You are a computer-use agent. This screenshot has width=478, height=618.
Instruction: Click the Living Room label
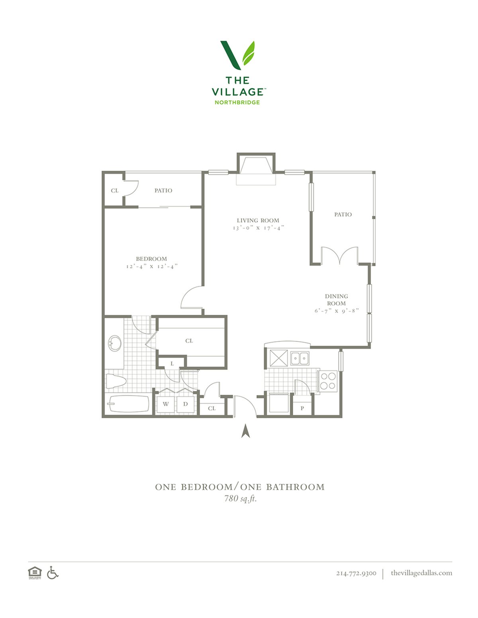click(x=258, y=220)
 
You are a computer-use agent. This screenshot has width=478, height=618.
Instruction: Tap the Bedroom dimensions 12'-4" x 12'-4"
click(x=152, y=267)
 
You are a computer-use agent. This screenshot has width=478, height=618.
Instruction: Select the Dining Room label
click(x=337, y=300)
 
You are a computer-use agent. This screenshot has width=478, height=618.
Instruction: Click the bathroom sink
click(x=115, y=343)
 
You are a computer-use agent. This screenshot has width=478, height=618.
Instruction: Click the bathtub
click(x=128, y=404)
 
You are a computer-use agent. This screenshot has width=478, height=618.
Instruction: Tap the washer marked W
click(x=166, y=404)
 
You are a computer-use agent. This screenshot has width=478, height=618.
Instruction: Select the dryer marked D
click(x=186, y=404)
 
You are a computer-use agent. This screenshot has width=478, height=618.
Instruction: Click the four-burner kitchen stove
click(x=328, y=381)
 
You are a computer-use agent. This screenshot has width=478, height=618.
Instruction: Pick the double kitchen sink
click(x=300, y=358)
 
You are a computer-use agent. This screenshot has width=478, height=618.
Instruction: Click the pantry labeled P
click(x=302, y=408)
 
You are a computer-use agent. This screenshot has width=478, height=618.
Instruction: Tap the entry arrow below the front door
click(x=245, y=431)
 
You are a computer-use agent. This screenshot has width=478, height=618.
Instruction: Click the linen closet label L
click(x=172, y=364)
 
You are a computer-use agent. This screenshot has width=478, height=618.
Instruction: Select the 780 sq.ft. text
click(x=240, y=499)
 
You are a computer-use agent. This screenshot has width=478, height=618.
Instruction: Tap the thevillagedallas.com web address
click(x=421, y=573)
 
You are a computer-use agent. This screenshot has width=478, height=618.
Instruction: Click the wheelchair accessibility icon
click(x=53, y=573)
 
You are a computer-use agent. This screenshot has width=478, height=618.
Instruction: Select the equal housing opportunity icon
click(x=35, y=573)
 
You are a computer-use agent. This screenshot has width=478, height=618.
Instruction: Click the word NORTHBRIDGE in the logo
click(x=237, y=102)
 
